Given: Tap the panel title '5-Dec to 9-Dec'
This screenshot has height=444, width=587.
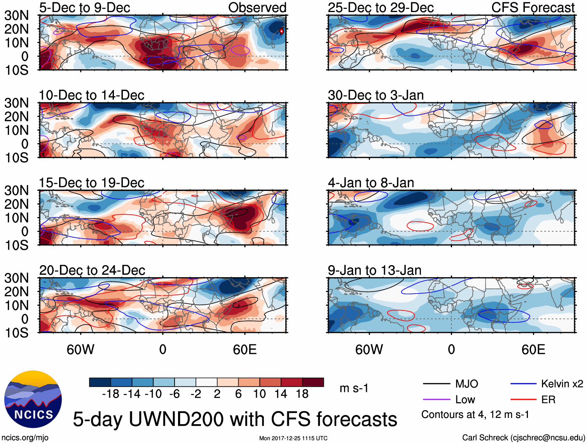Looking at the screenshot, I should pyautogui.click(x=84, y=7).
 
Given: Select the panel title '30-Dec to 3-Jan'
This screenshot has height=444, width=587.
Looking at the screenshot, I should pyautogui.click(x=376, y=95).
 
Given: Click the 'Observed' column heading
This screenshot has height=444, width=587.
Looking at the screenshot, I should pyautogui.click(x=257, y=7).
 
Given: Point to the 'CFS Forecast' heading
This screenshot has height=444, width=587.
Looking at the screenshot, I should pyautogui.click(x=533, y=7).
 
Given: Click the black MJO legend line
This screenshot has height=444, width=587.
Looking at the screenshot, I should pyautogui.click(x=437, y=384).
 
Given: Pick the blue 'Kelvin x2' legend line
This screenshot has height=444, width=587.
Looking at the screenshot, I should pyautogui.click(x=523, y=384).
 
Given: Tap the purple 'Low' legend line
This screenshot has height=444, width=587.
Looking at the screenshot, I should pyautogui.click(x=437, y=400).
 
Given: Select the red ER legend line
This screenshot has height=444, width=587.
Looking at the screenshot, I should pyautogui.click(x=523, y=400).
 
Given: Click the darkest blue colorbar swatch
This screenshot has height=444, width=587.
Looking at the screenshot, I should pyautogui.click(x=100, y=382).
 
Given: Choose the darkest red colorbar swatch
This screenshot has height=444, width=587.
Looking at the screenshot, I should pyautogui.click(x=313, y=382).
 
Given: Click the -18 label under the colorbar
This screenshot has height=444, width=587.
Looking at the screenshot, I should pyautogui.click(x=111, y=394).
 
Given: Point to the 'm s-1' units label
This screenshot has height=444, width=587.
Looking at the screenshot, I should pyautogui.click(x=354, y=388).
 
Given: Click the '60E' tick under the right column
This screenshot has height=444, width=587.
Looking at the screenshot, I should pyautogui.click(x=533, y=350).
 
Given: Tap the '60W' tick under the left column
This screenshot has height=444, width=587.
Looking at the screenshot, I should pyautogui.click(x=80, y=350).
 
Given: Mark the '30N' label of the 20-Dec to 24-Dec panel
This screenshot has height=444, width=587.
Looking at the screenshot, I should pyautogui.click(x=17, y=278).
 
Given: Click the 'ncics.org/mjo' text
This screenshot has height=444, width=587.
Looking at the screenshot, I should pyautogui.click(x=25, y=438).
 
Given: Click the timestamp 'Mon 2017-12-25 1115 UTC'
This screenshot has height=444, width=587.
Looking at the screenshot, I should pyautogui.click(x=293, y=438).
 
